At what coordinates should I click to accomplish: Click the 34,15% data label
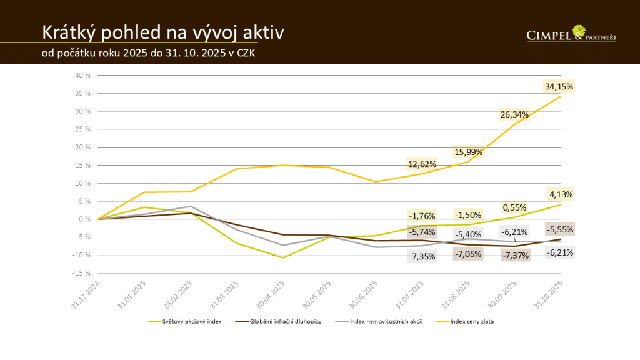(x=559, y=86)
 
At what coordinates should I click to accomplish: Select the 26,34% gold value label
(x=514, y=114)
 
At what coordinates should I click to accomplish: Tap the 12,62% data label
(x=422, y=164)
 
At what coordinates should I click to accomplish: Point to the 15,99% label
(x=468, y=152)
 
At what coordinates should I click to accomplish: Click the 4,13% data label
(x=561, y=194)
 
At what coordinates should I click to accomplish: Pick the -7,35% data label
(x=421, y=256)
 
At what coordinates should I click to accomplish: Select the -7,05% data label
(x=468, y=254)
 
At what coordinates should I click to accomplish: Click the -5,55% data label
(x=560, y=229)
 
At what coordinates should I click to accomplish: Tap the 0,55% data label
(x=514, y=207)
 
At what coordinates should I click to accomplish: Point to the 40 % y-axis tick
(x=83, y=75)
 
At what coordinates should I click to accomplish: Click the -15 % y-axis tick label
(x=82, y=273)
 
